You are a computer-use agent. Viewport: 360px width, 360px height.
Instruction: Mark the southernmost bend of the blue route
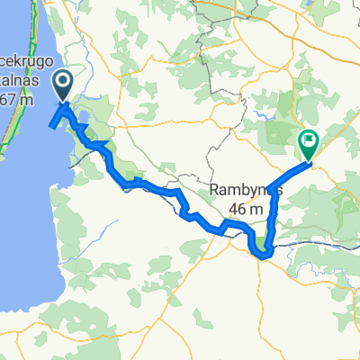[x=264, y=255]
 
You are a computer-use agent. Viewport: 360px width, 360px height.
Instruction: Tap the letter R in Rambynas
[x=212, y=191]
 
